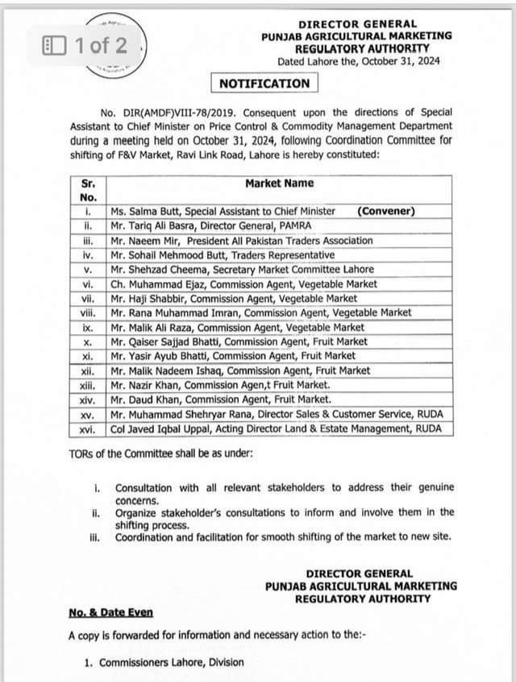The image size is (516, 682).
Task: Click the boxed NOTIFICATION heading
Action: (264, 83)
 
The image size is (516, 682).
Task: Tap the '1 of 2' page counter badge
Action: (86, 46)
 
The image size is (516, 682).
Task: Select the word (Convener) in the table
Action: (386, 211)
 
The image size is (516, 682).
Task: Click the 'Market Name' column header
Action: (280, 183)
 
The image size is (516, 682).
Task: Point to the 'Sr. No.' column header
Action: (89, 189)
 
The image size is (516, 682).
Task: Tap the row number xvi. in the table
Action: (89, 429)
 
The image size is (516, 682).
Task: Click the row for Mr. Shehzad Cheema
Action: (242, 269)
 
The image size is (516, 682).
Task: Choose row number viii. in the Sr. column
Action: (89, 312)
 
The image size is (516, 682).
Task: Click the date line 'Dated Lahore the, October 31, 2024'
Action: (359, 61)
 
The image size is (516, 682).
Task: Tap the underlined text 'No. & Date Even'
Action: (110, 612)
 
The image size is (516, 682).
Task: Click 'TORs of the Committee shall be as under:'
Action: (161, 453)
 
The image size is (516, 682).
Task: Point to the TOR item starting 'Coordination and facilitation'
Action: (283, 537)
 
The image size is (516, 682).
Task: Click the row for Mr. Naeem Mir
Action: (241, 240)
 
